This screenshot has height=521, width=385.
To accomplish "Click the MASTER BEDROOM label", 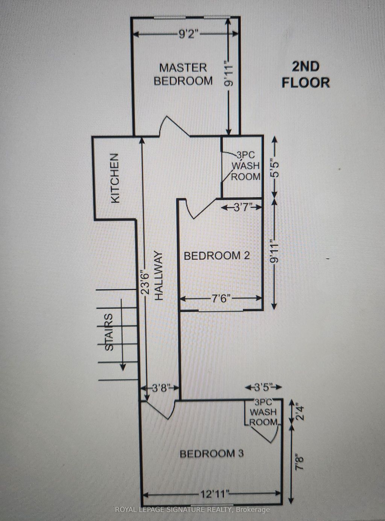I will (183, 74).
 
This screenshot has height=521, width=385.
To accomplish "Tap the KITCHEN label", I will (115, 178).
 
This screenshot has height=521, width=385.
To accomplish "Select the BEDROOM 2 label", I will (217, 256).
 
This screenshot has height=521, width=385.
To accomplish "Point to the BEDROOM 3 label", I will (211, 454).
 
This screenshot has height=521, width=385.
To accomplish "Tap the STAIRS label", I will (109, 332).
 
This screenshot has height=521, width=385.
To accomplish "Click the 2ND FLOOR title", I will (306, 75).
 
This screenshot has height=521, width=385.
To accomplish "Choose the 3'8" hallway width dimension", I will (161, 388).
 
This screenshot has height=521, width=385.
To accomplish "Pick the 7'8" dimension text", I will (299, 462).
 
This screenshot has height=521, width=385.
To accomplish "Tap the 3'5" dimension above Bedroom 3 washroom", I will (263, 387).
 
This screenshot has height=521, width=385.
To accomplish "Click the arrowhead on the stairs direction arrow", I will (123, 366).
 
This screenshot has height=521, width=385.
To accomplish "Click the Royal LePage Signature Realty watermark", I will (192, 510).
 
